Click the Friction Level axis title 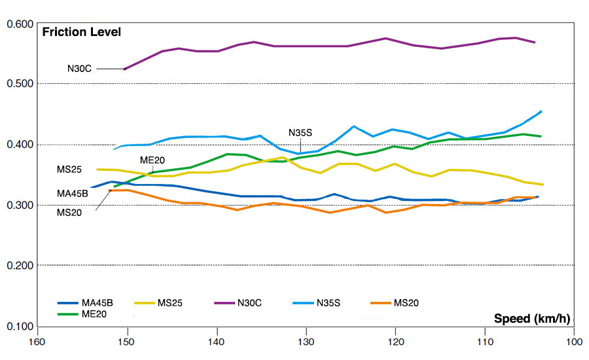click(x=82, y=32)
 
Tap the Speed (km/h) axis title click(x=532, y=319)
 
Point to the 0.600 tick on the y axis click(x=20, y=24)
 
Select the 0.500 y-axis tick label click(x=20, y=84)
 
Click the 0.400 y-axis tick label click(x=20, y=145)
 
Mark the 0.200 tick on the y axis click(x=20, y=266)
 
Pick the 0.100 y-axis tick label click(x=20, y=327)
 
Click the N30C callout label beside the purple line click(x=79, y=68)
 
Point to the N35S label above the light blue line click(x=300, y=132)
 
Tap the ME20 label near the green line click(x=151, y=160)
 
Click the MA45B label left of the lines click(x=72, y=193)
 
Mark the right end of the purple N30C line click(x=535, y=43)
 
